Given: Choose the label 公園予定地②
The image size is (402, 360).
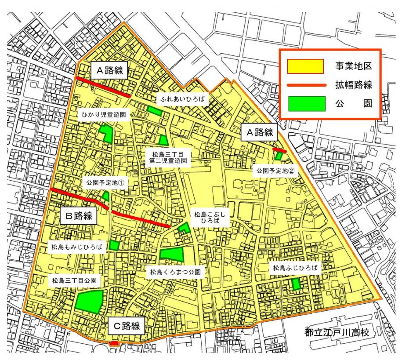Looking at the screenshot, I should (x=275, y=171).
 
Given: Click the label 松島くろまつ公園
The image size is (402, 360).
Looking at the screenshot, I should (x=175, y=273).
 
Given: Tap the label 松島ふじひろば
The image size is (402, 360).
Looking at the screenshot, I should (x=295, y=267).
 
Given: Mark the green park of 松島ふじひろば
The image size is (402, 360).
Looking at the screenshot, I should (x=296, y=284).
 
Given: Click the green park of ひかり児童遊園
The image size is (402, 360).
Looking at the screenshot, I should (x=106, y=133).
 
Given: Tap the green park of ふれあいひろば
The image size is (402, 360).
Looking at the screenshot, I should (x=155, y=111).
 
